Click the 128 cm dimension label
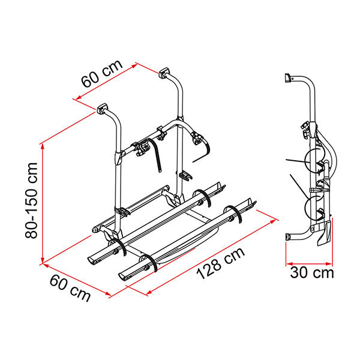pyautogui.click(x=221, y=263)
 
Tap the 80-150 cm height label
pyautogui.click(x=31, y=200)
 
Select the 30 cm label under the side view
pyautogui.click(x=312, y=273)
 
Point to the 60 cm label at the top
pyautogui.click(x=102, y=74)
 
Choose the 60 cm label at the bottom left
pyautogui.click(x=70, y=288)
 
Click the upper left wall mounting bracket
pyautogui.click(x=103, y=108)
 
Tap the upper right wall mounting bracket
pyautogui.click(x=164, y=73)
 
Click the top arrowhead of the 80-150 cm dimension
pyautogui.click(x=43, y=148)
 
